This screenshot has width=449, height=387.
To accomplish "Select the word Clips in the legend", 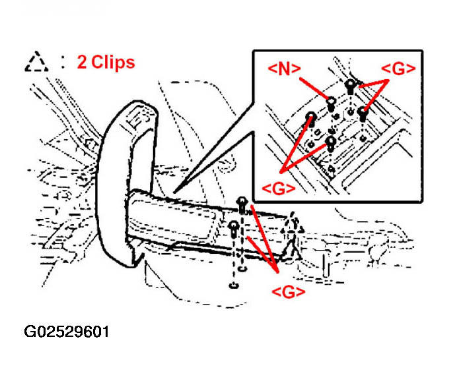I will [112, 62].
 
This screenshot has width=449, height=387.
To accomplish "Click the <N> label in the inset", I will [285, 67].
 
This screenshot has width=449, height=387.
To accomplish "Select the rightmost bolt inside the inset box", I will [363, 113].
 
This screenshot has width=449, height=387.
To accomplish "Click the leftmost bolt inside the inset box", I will [310, 117].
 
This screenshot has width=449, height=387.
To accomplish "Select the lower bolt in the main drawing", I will [234, 227].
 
